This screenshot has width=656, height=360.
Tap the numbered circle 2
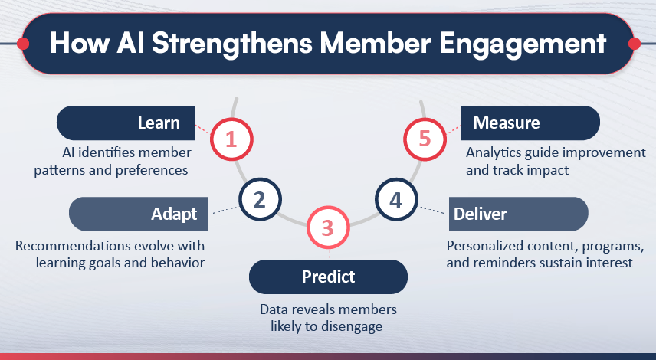259,201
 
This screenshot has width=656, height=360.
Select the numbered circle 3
327,227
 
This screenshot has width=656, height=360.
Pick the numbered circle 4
395,201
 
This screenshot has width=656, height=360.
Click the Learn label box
126,123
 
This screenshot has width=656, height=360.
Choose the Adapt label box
138,214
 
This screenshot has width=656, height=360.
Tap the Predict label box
328,276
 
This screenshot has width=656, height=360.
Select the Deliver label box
517,214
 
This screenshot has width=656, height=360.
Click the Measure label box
529,123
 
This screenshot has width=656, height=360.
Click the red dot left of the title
23,44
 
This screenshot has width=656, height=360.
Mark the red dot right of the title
634,44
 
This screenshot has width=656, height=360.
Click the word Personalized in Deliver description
486,247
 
